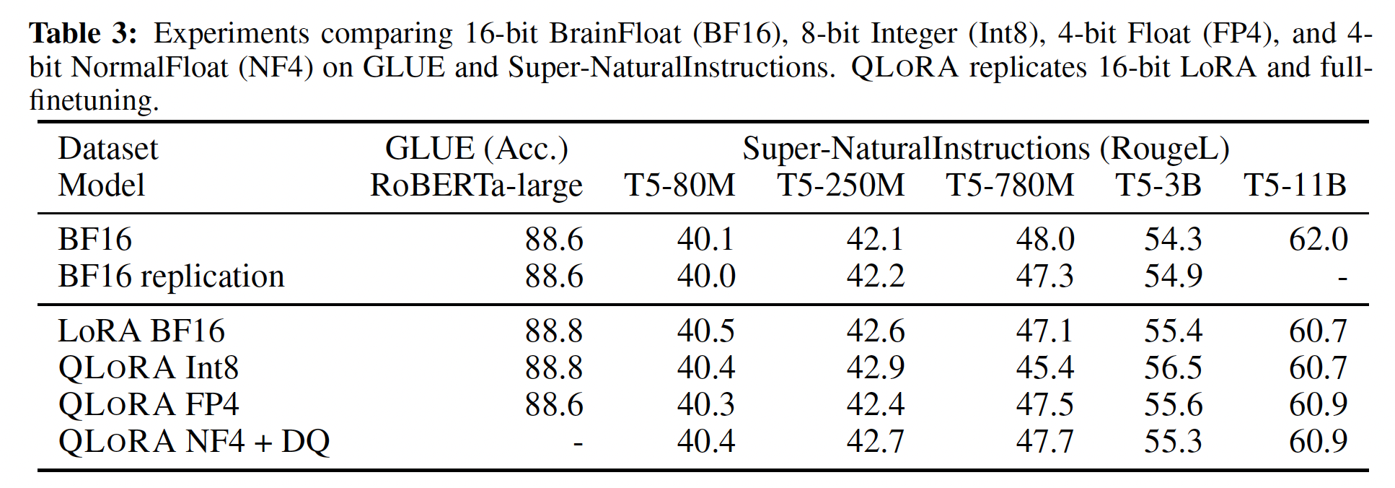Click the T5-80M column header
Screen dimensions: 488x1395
[679, 185]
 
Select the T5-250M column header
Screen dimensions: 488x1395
[840, 185]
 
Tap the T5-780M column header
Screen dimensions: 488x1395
[1010, 185]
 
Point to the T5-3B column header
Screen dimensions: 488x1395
[1158, 185]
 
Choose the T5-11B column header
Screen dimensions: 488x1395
[1295, 185]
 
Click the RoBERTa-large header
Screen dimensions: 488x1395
[476, 186]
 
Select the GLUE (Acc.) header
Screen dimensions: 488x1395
[476, 149]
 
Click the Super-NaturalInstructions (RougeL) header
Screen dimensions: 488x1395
[986, 149]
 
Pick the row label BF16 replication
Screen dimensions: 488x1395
[171, 276]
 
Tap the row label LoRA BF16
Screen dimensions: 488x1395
[141, 331]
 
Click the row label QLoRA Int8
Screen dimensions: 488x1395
[148, 368]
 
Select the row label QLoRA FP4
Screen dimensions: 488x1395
[148, 404]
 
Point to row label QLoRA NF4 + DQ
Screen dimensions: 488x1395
[193, 441]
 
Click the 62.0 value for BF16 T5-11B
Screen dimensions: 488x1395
[1318, 240]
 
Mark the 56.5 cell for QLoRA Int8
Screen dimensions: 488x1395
[1173, 368]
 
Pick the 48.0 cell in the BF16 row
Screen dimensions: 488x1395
[1045, 240]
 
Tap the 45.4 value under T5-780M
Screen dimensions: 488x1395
[1045, 368]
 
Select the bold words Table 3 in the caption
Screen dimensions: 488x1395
[82, 33]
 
